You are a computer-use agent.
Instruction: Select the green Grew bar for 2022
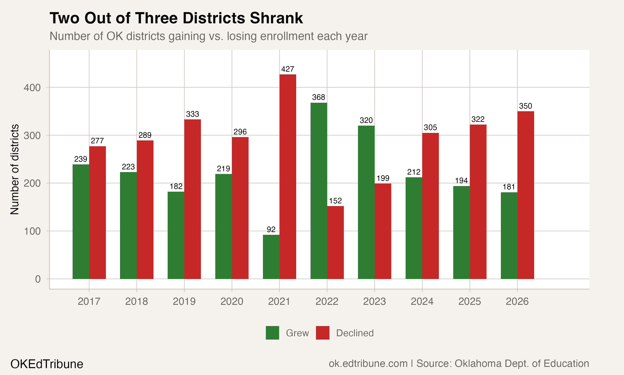point(319,191)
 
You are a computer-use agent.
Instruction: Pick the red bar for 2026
point(526,195)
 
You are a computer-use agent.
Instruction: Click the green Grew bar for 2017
point(81,221)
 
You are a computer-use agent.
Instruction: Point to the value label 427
point(287,69)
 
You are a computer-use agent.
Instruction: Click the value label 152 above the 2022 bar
point(335,201)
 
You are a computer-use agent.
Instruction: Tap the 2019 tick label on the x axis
point(184,301)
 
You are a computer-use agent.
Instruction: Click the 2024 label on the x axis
point(422,301)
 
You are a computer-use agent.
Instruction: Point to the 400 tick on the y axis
point(32,88)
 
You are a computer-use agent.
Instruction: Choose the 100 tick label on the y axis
point(32,231)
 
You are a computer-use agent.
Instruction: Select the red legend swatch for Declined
point(322,332)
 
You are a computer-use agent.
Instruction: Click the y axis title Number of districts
point(15,169)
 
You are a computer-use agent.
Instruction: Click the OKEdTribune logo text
point(47,364)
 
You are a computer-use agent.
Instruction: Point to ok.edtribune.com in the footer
point(368,363)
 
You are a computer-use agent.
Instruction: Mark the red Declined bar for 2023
point(383,231)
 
